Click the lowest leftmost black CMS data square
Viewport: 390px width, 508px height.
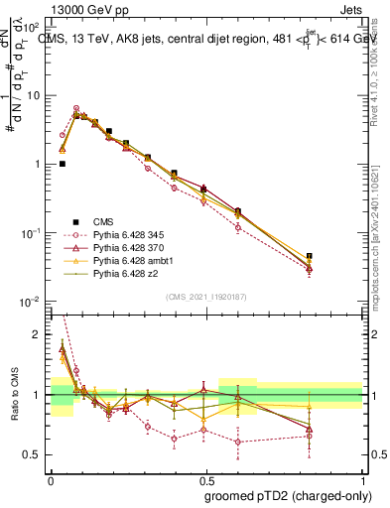coord(63,164)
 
